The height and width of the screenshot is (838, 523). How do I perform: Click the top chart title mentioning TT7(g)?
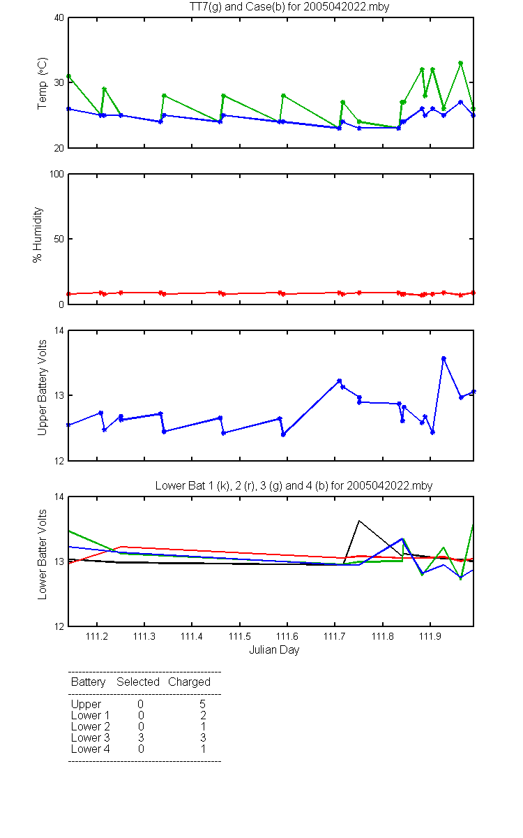point(289,6)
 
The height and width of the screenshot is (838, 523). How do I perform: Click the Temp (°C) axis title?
point(42,83)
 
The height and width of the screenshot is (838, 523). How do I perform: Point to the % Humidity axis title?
point(38,235)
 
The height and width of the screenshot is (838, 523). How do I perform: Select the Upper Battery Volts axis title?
point(42,388)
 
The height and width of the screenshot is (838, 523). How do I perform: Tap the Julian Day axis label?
point(274,650)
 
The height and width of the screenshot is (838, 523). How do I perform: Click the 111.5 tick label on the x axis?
point(239,636)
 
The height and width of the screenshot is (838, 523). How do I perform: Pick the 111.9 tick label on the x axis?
point(430,636)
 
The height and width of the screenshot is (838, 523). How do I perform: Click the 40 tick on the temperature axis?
point(59,18)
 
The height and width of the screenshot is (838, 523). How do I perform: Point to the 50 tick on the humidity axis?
point(59,239)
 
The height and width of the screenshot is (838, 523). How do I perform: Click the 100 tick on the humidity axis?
point(56,174)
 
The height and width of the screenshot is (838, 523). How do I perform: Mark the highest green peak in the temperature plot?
point(461,64)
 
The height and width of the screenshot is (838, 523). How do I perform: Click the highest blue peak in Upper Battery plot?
point(444,358)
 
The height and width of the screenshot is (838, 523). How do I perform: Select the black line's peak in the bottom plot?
point(359,520)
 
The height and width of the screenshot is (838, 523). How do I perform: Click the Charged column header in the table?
point(189,682)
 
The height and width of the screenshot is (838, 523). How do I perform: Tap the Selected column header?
point(138,682)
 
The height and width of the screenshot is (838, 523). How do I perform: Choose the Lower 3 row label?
point(91,737)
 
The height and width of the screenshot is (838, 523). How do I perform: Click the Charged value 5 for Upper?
point(202,704)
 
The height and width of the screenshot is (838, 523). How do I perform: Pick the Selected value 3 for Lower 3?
point(141,737)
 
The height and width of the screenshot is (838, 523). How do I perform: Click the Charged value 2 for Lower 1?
point(203,715)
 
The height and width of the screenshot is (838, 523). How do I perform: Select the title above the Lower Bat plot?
point(294,485)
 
